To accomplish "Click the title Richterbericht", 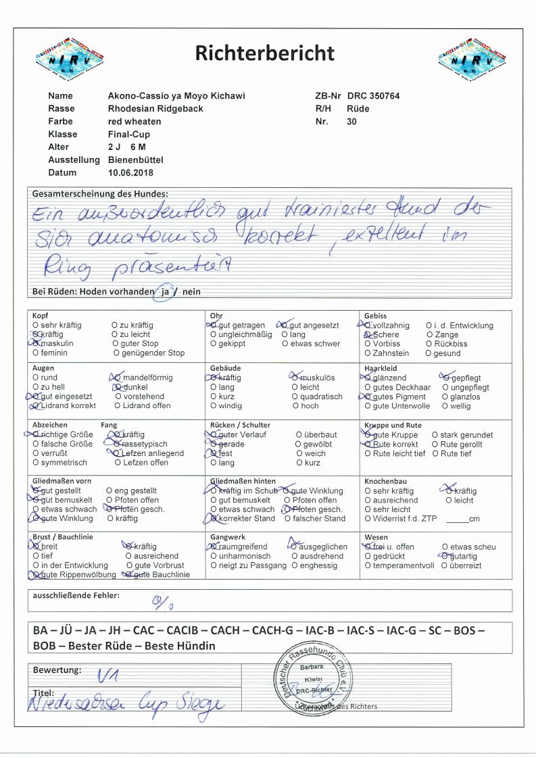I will click(264, 53).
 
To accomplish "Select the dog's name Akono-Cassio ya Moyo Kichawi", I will click(176, 96).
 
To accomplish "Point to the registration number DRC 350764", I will click(373, 96).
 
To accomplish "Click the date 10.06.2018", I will click(130, 173).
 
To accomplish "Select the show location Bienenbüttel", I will click(135, 160).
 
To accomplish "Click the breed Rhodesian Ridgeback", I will click(155, 109).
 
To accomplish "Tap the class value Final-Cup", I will click(126, 134).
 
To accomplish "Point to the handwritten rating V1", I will click(107, 672).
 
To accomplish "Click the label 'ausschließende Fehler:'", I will click(76, 595).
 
